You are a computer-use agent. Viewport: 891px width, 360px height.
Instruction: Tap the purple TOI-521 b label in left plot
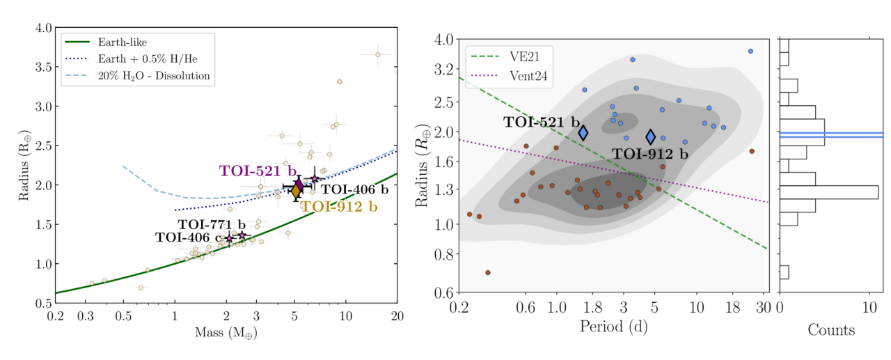258,171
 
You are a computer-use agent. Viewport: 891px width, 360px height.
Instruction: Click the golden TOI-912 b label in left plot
338,206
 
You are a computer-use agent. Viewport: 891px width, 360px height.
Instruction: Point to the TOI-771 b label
212,224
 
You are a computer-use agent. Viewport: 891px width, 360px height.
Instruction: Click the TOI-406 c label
188,238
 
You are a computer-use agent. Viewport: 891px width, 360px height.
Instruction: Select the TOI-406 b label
354,189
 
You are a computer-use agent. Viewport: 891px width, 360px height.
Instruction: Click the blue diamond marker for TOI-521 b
583,132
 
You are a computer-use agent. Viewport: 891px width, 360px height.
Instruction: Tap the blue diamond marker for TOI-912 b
651,136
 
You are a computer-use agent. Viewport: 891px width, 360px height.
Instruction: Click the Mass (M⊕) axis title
226,334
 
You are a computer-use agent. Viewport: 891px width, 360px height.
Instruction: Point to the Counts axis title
830,329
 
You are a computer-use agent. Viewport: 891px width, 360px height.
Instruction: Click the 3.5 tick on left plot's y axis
43,67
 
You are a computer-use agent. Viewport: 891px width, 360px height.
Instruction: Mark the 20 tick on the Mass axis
396,315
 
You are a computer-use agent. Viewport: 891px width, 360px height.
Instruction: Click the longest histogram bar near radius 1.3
828,192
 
